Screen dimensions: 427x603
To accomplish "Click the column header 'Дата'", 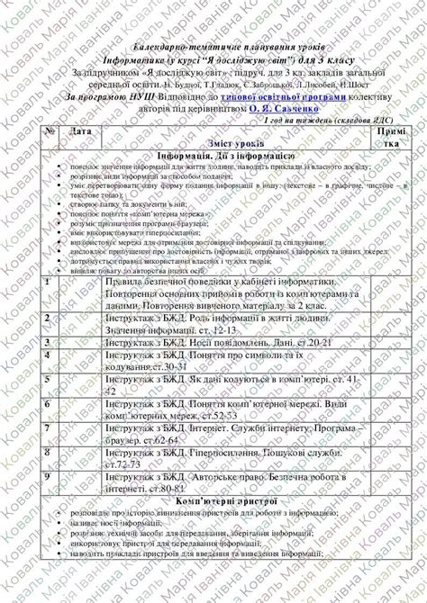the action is (x=80, y=131).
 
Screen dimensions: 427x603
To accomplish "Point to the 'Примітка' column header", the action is (x=392, y=137).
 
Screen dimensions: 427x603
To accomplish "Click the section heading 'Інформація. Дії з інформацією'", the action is (x=222, y=154).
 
